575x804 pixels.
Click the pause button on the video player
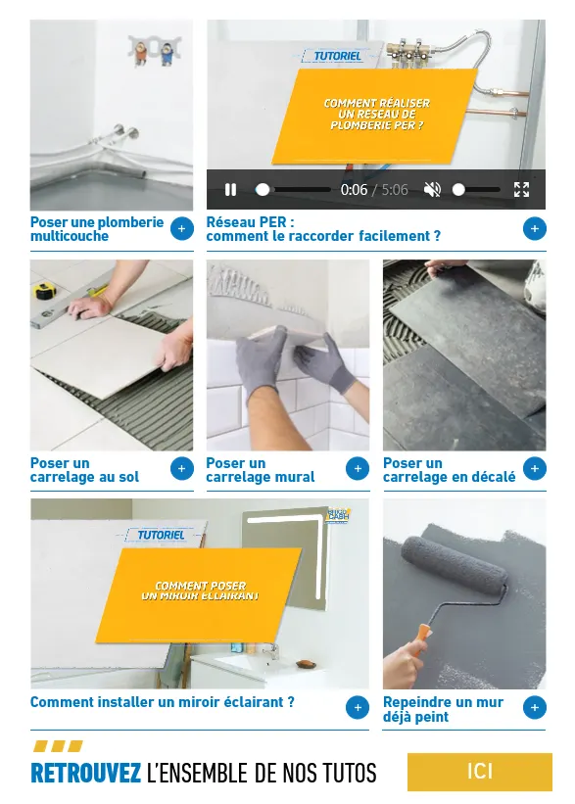click(x=231, y=190)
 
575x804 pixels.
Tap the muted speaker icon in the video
click(x=432, y=190)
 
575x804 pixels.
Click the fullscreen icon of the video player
click(x=521, y=190)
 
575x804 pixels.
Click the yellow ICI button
click(x=479, y=772)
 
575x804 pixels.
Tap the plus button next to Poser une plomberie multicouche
click(x=181, y=229)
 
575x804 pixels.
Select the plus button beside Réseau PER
click(x=534, y=229)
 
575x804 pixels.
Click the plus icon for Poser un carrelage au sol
click(x=181, y=469)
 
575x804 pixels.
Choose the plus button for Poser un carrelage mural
click(x=358, y=469)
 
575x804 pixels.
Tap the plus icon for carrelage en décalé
click(x=534, y=469)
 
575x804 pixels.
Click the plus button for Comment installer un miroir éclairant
click(x=358, y=707)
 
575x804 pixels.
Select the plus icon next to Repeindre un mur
click(x=534, y=707)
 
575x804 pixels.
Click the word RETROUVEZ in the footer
click(x=86, y=774)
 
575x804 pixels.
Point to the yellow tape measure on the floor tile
click(x=44, y=291)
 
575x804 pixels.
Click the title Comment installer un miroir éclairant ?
click(x=162, y=702)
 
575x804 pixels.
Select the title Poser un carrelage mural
click(x=260, y=470)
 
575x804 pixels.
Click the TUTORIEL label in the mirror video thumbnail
click(x=161, y=535)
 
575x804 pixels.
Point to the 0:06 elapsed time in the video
click(x=354, y=190)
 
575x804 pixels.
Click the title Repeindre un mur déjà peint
click(x=443, y=709)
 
